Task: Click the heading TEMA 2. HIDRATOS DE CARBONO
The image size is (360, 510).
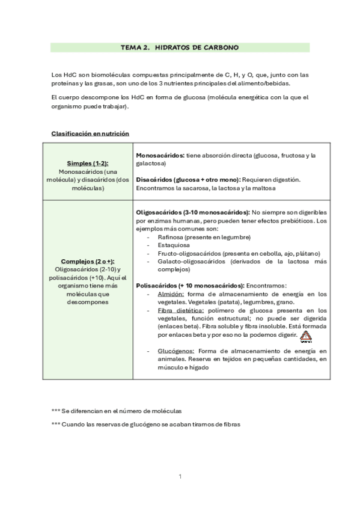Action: pos(180,47)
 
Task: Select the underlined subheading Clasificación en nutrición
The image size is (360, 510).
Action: pos(90,134)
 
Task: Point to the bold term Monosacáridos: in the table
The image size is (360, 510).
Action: pos(160,155)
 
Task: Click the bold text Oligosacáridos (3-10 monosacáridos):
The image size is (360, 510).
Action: pos(193,212)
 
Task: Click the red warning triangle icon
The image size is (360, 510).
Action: pos(306,336)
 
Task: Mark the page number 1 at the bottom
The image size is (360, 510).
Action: pos(180,476)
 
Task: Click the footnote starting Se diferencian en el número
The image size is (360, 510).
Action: pos(117,411)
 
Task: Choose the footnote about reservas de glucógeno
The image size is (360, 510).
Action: pos(146,425)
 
